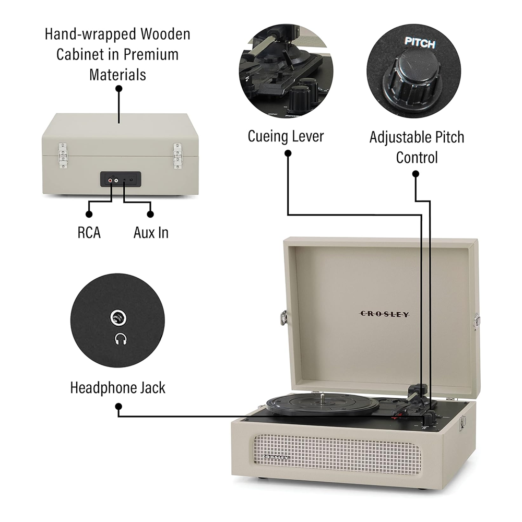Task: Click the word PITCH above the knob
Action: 420,44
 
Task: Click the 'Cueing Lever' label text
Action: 286,137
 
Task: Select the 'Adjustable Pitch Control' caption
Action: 417,147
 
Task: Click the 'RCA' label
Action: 89,232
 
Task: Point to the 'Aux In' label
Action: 151,232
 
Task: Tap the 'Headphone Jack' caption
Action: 117,387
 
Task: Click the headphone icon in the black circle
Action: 120,340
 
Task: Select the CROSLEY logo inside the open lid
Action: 385,314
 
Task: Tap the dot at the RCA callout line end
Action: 89,213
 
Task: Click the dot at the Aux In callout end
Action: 151,213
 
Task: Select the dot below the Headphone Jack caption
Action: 118,406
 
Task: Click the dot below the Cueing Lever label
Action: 288,153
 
